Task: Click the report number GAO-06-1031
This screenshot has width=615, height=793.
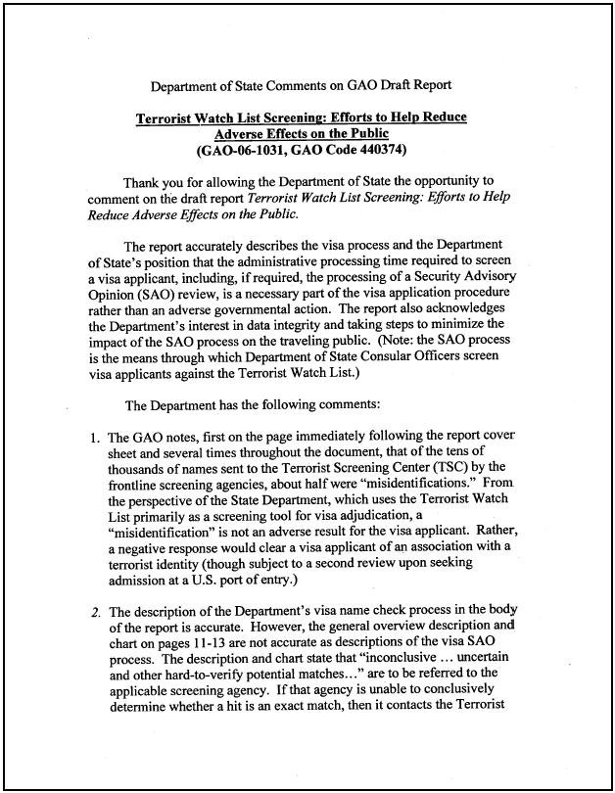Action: point(245,150)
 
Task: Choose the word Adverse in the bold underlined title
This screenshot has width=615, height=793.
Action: point(243,133)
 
